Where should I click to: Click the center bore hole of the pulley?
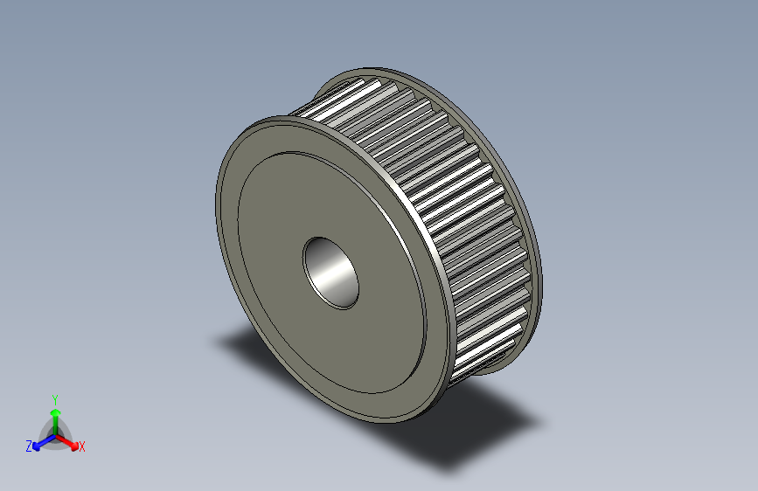330,271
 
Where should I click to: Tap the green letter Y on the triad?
55,398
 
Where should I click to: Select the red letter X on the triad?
81,446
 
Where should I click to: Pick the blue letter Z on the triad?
29,446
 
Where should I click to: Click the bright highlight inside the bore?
329,278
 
